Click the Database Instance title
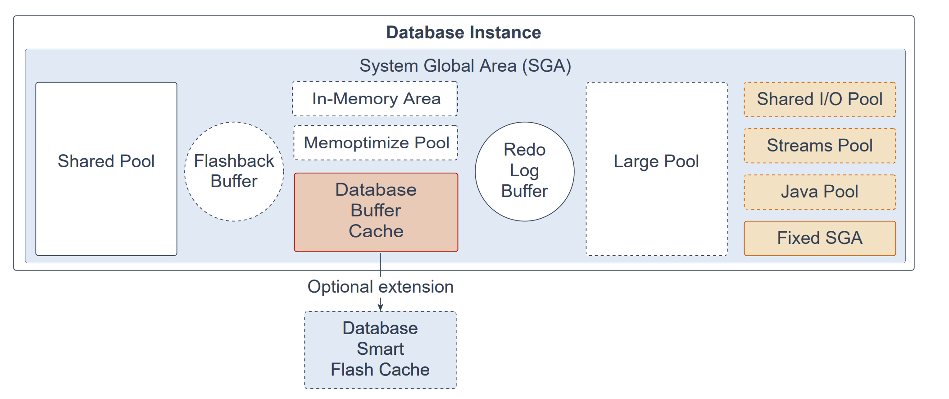(463, 32)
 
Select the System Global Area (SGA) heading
(465, 66)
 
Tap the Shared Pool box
(106, 169)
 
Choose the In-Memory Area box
(375, 99)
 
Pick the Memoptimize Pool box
(376, 143)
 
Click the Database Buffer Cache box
(376, 212)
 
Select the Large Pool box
(657, 169)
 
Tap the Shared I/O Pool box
(820, 100)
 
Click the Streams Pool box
(820, 146)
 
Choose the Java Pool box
(820, 192)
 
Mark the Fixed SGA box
(820, 238)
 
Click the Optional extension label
(381, 287)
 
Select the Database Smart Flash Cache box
(381, 350)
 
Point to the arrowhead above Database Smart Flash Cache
(381, 307)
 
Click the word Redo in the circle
(525, 150)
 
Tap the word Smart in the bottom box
(381, 349)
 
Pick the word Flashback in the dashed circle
(234, 161)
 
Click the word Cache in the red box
(376, 231)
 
